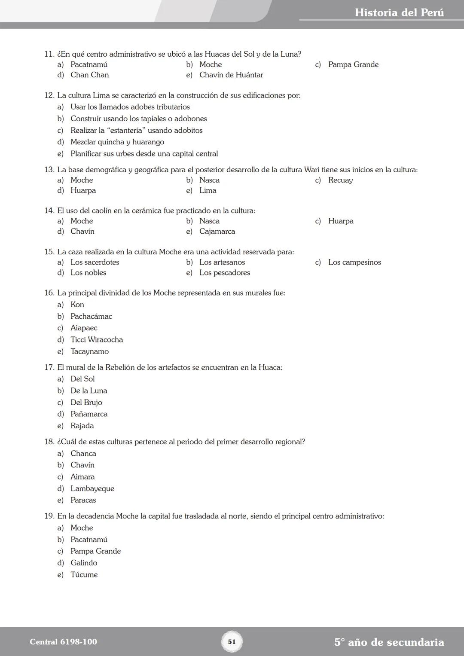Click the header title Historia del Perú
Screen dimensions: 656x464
(399, 12)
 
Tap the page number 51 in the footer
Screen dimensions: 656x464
(232, 642)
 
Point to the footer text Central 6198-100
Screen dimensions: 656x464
(63, 642)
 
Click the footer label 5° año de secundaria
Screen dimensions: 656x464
(389, 642)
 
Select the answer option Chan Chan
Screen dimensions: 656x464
(89, 75)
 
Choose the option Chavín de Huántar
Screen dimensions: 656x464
(231, 75)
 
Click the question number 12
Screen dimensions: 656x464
(49, 95)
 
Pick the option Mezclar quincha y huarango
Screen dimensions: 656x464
(117, 142)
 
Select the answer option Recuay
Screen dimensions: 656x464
(340, 180)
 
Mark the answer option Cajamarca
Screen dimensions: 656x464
(217, 232)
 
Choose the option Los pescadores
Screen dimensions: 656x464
(224, 273)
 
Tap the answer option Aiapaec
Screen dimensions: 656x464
(84, 328)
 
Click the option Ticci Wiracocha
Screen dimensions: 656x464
(97, 340)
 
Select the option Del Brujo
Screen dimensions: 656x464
(86, 403)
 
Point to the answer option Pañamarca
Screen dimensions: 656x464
(89, 414)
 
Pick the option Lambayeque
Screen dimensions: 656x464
(92, 489)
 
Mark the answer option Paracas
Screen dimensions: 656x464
(83, 500)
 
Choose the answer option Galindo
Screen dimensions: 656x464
(84, 563)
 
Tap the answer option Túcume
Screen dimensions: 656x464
(84, 575)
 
